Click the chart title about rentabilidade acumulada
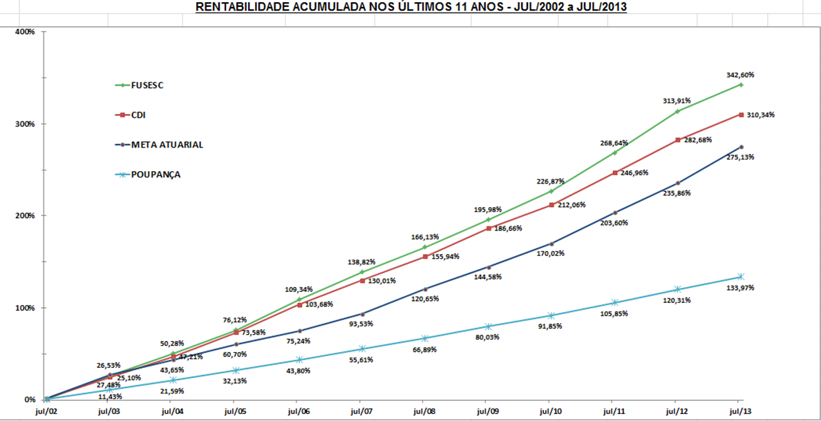pos(410,8)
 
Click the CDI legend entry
pos(138,115)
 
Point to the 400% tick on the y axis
pos(26,32)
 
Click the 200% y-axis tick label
pos(26,215)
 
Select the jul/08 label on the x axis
pos(424,412)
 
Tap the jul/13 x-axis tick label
pos(741,412)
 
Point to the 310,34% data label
pos(760,115)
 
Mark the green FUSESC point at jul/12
pos(678,111)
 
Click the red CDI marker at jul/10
pos(551,204)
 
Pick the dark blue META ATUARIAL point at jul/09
pos(488,267)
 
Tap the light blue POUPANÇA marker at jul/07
pos(361,349)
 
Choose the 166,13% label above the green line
pos(424,237)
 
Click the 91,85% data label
pos(551,326)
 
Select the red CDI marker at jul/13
pos(741,115)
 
